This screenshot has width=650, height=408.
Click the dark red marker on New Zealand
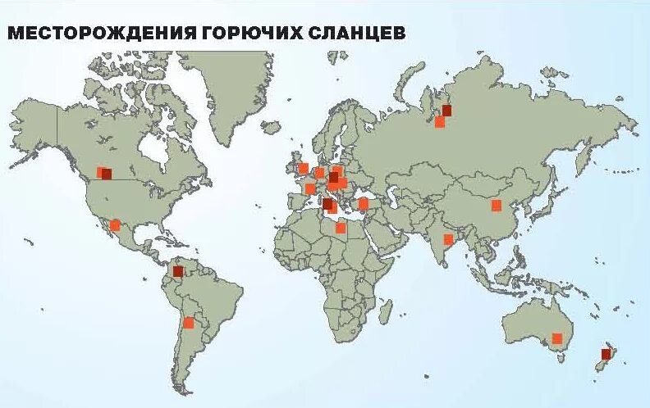pos(607,355)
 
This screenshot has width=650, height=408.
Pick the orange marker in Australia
pos(557,338)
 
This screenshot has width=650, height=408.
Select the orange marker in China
pos(497,206)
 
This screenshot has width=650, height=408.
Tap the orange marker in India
pos(448,239)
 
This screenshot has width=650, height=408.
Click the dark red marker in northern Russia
pos(447,111)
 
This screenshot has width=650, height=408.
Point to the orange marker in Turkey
pos(364,203)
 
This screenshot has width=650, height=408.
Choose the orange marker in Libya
pos(341,228)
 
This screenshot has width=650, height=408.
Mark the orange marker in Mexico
pos(115,224)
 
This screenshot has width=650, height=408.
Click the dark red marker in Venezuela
pos(177,271)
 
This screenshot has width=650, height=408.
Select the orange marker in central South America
pos(189,322)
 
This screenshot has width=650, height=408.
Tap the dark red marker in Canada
pos(107,174)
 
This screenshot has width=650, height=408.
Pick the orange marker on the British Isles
pos(303,169)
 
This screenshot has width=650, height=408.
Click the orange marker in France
pos(310,188)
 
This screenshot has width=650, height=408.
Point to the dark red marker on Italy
pos(327,203)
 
